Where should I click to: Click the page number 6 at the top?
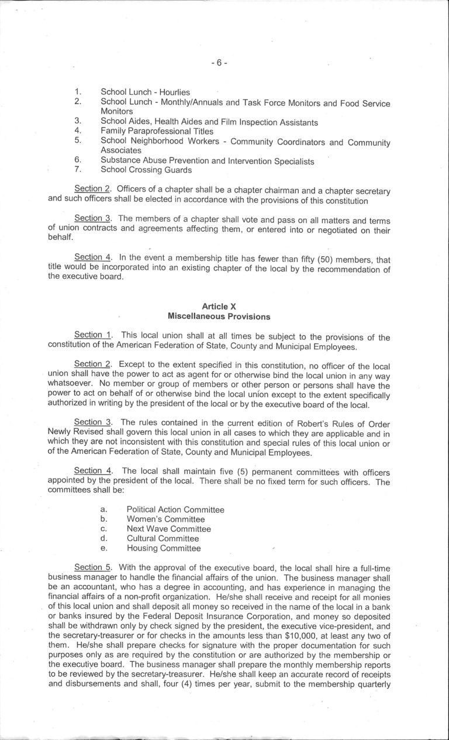219,62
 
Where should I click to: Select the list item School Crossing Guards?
146,170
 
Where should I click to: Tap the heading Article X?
219,307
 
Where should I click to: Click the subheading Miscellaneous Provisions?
219,316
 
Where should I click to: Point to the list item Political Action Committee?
175,510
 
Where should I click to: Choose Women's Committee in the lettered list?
165,519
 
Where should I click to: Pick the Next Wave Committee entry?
168,529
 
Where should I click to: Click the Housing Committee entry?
164,548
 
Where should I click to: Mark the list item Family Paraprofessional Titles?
157,131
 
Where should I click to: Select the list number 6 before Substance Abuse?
77,160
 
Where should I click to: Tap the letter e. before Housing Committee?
103,548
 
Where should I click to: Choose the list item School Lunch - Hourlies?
145,92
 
